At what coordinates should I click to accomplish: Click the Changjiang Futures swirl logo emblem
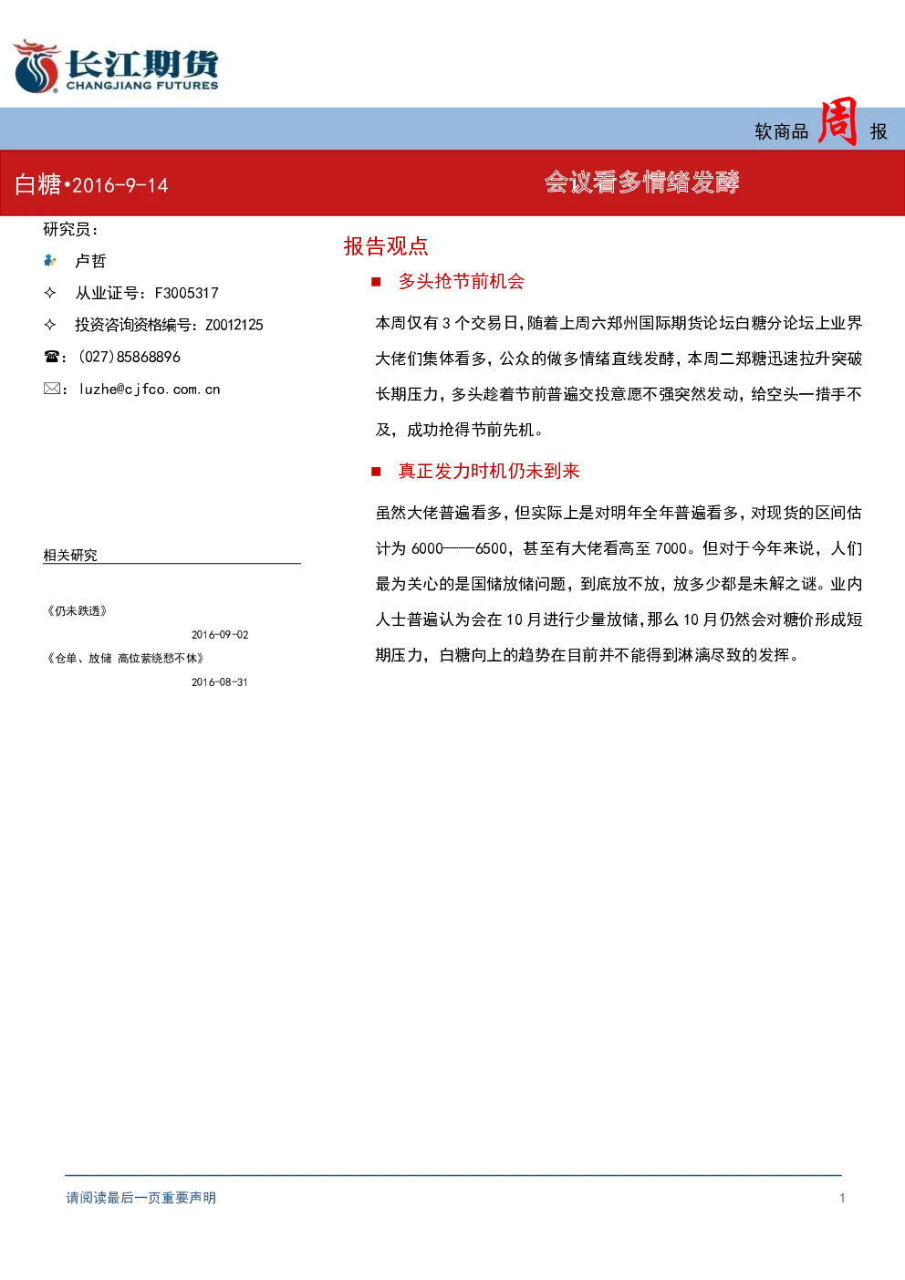(36, 67)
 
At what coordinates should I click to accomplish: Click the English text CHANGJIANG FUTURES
(142, 86)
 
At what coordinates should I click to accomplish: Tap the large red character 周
(837, 121)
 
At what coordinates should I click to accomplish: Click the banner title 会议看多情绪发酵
(641, 182)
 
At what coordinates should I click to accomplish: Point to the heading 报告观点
(386, 246)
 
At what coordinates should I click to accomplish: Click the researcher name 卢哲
(91, 261)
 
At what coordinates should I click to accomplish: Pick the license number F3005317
(186, 293)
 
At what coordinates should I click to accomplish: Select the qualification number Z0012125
(234, 325)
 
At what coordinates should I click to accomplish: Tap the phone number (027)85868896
(130, 357)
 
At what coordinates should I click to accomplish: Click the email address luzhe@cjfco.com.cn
(150, 390)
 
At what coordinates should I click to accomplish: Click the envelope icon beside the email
(51, 389)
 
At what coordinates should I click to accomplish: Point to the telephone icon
(51, 357)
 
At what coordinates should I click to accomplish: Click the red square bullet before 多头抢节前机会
(376, 282)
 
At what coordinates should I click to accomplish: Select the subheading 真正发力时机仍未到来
(489, 471)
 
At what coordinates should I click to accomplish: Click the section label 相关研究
(70, 555)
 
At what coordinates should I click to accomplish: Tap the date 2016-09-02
(220, 635)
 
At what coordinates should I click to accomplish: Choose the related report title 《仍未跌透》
(77, 611)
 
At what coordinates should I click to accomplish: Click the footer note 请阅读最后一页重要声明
(141, 1198)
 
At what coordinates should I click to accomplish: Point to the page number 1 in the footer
(842, 1198)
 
